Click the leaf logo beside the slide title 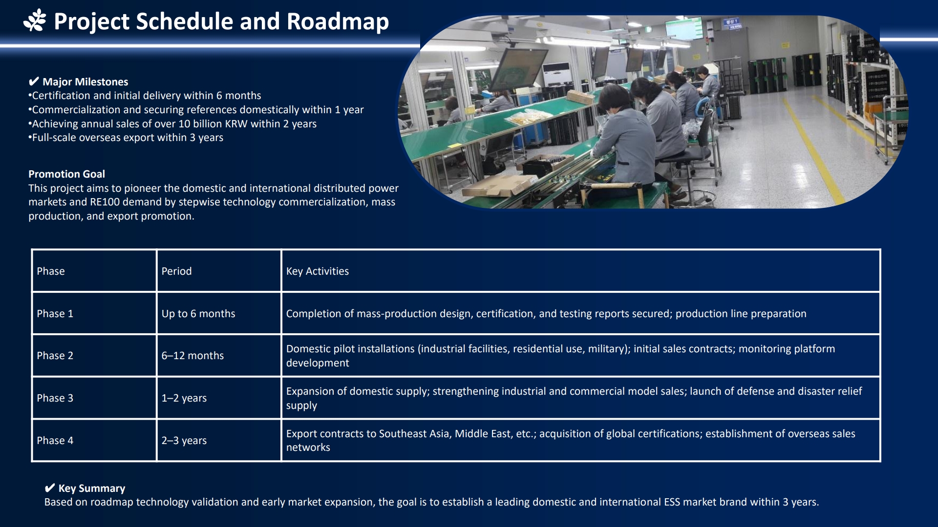coord(35,21)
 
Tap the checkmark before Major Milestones coord(34,81)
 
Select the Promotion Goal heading coord(66,174)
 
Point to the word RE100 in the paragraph coord(105,202)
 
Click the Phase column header coord(51,271)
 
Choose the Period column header coord(176,271)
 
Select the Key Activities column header coord(318,271)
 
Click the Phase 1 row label coord(55,314)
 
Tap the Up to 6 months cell coord(198,314)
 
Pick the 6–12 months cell coord(192,356)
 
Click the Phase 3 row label coord(55,398)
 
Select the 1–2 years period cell coord(184,398)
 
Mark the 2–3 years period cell coord(184,441)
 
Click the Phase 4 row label coord(55,441)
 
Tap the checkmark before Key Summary coord(50,488)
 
